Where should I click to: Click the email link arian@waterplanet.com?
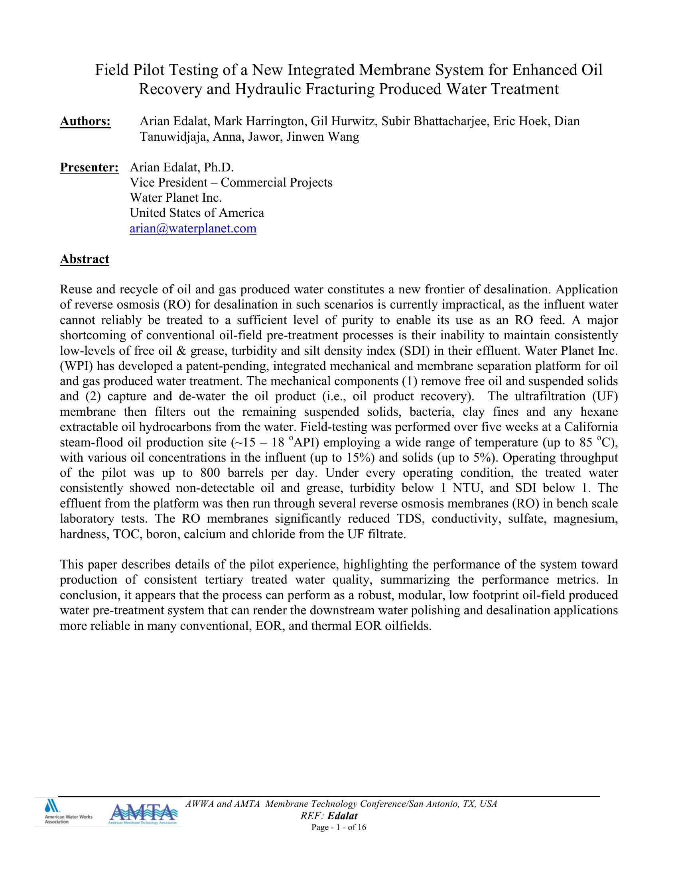coord(193,228)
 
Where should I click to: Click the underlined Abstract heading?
coord(84,260)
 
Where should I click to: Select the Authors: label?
coord(85,121)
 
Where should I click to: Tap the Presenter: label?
coord(89,167)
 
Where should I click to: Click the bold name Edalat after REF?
coord(343,816)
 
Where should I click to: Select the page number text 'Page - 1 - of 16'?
coord(339,827)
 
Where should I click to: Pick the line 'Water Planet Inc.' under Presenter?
coord(175,198)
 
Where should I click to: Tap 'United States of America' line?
coord(197,213)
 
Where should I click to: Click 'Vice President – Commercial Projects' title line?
coord(231,183)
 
